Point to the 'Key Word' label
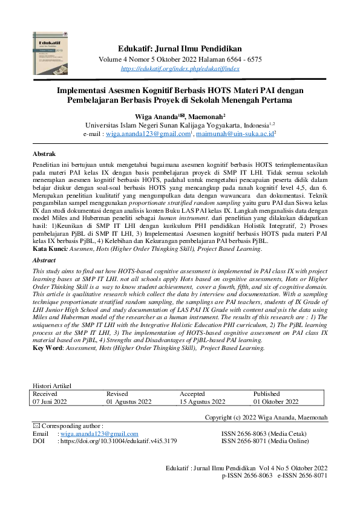[49, 348]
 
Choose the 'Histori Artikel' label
[52, 386]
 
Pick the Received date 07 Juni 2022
[51, 401]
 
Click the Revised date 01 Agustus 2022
[129, 401]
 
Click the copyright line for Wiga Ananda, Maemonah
[266, 417]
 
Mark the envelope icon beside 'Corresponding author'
[36, 426]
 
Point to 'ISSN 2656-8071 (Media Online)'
[265, 441]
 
